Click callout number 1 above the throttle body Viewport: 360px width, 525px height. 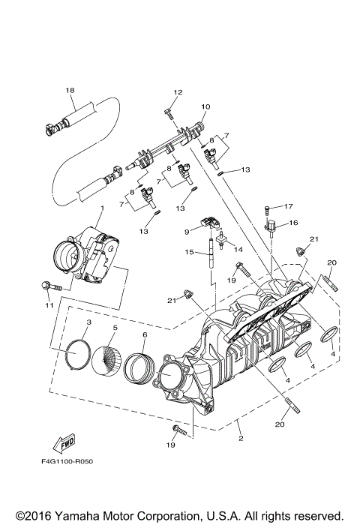click(102, 207)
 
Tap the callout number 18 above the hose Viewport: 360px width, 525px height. click(70, 91)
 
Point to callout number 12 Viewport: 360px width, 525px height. click(178, 92)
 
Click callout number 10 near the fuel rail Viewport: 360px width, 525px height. click(205, 106)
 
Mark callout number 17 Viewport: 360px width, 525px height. click(288, 206)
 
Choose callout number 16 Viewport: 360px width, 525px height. click(294, 223)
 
